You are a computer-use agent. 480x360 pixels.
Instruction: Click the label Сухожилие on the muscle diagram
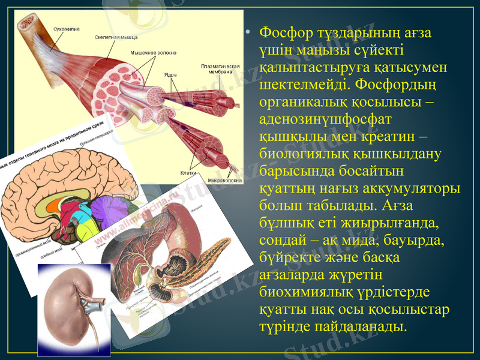(x=67, y=29)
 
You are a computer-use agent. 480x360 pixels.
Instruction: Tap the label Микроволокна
(x=225, y=179)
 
